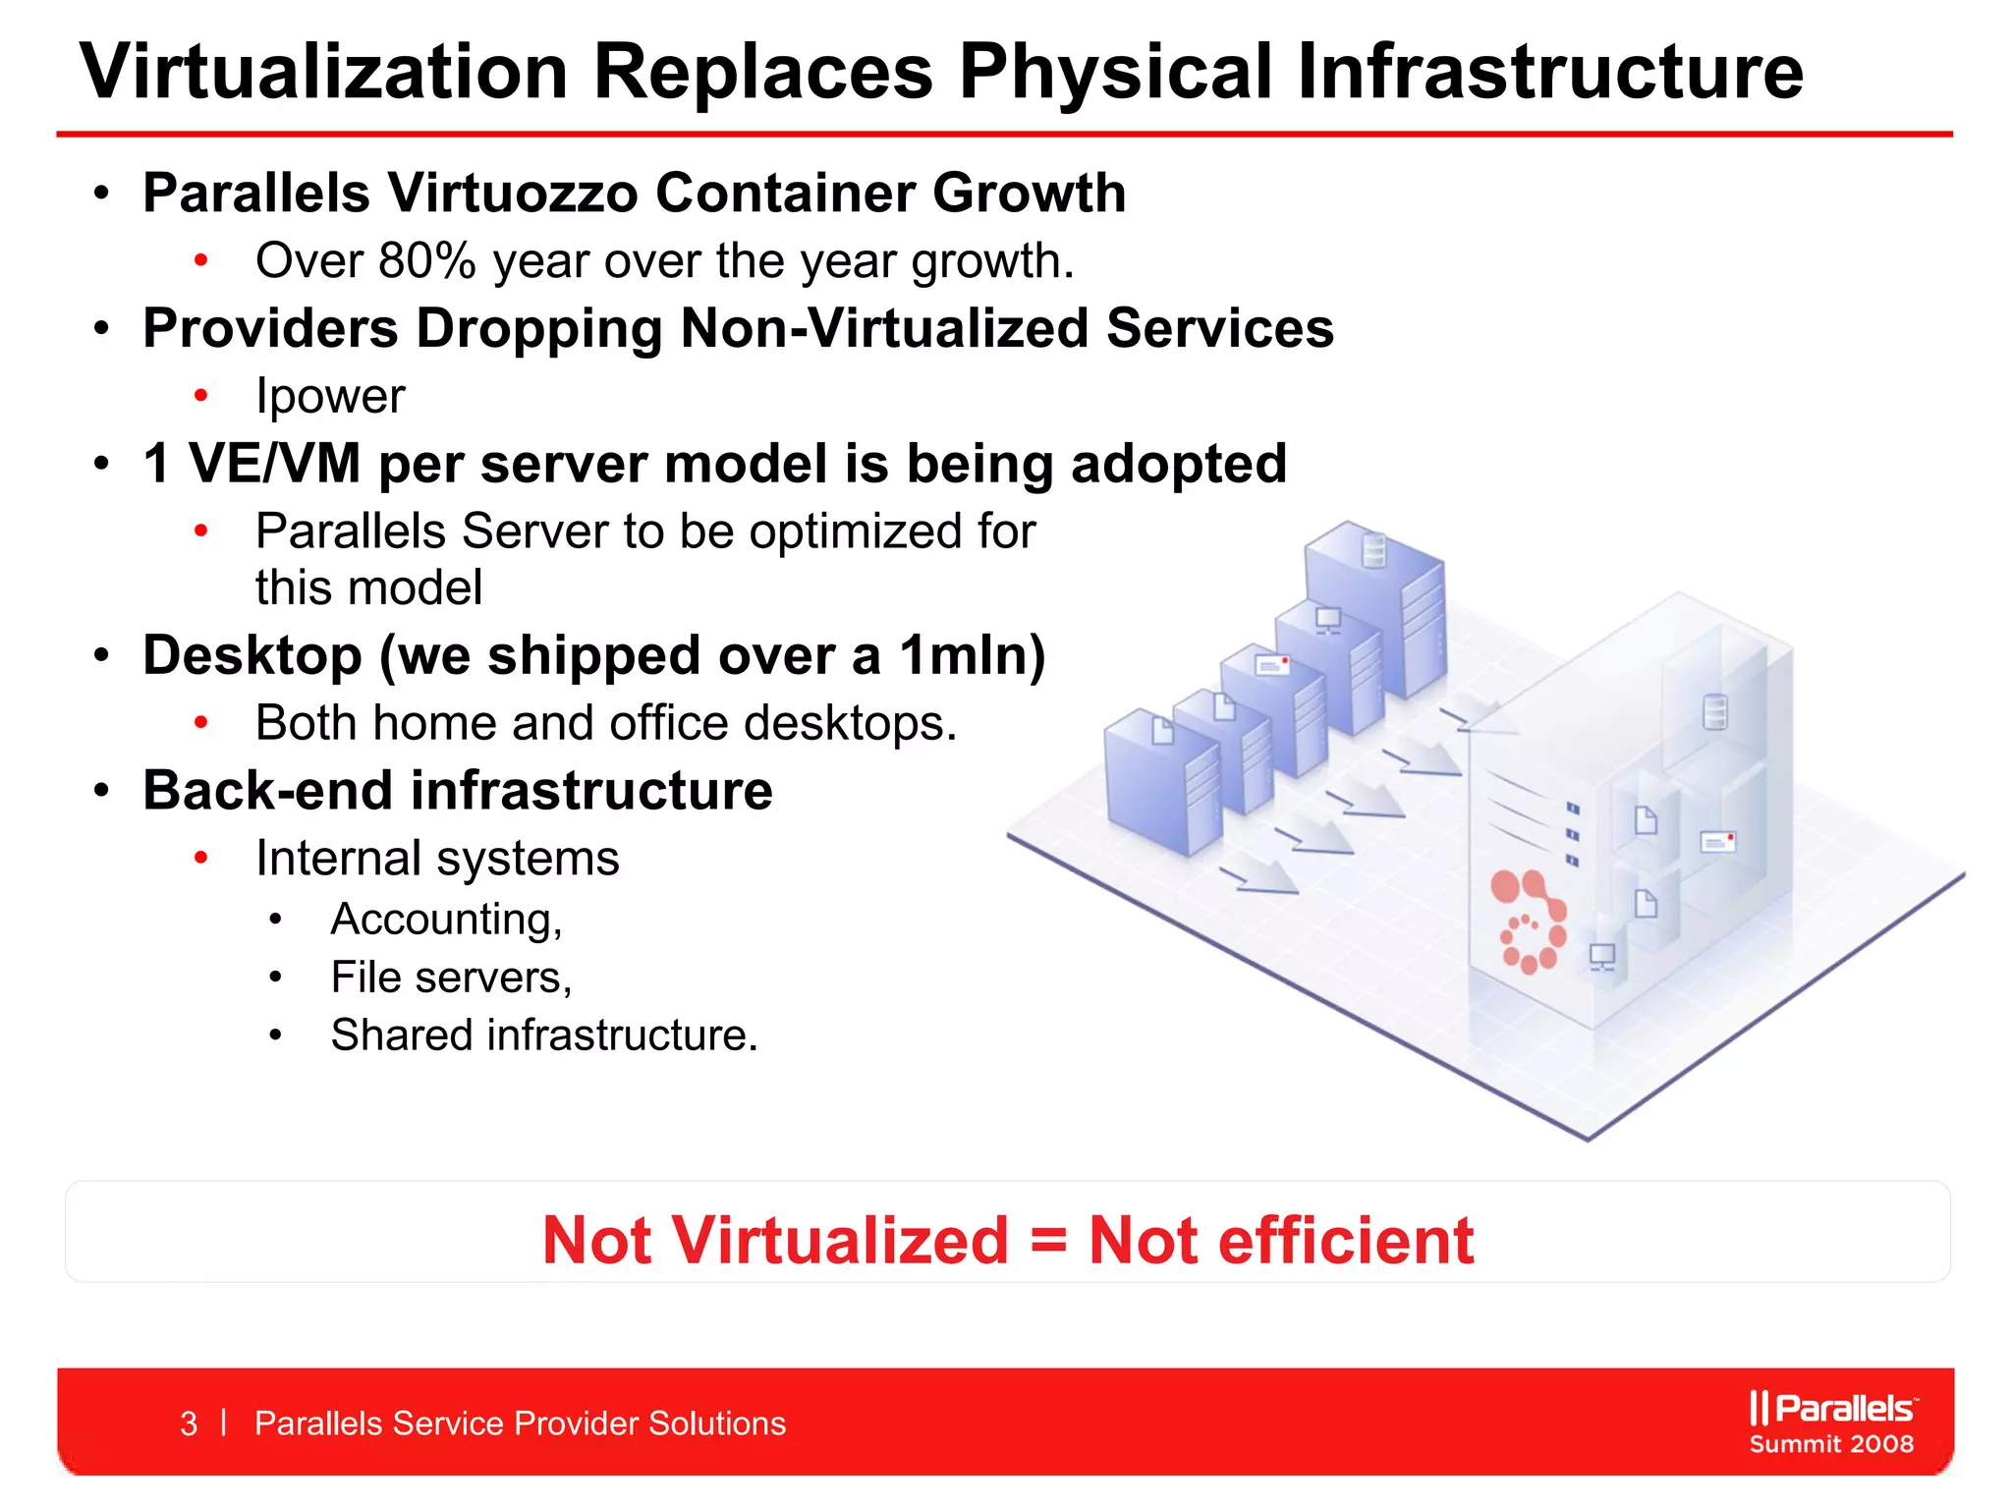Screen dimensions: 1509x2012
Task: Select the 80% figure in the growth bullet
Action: point(426,261)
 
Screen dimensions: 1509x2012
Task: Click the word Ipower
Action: point(330,397)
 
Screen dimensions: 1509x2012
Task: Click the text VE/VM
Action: point(274,464)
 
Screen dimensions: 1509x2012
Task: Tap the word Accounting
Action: point(446,921)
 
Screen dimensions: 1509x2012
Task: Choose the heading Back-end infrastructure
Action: point(458,791)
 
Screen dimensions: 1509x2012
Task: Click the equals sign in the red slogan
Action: point(1048,1240)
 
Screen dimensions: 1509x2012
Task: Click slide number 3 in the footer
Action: point(189,1424)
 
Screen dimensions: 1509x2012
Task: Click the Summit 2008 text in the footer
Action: point(1831,1444)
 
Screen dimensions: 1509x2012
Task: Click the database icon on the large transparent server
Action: point(1714,712)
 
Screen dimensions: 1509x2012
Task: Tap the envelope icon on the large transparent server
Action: point(1717,842)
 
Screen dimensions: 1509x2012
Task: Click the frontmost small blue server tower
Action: point(1162,781)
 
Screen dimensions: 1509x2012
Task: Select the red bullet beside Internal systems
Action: point(201,859)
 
